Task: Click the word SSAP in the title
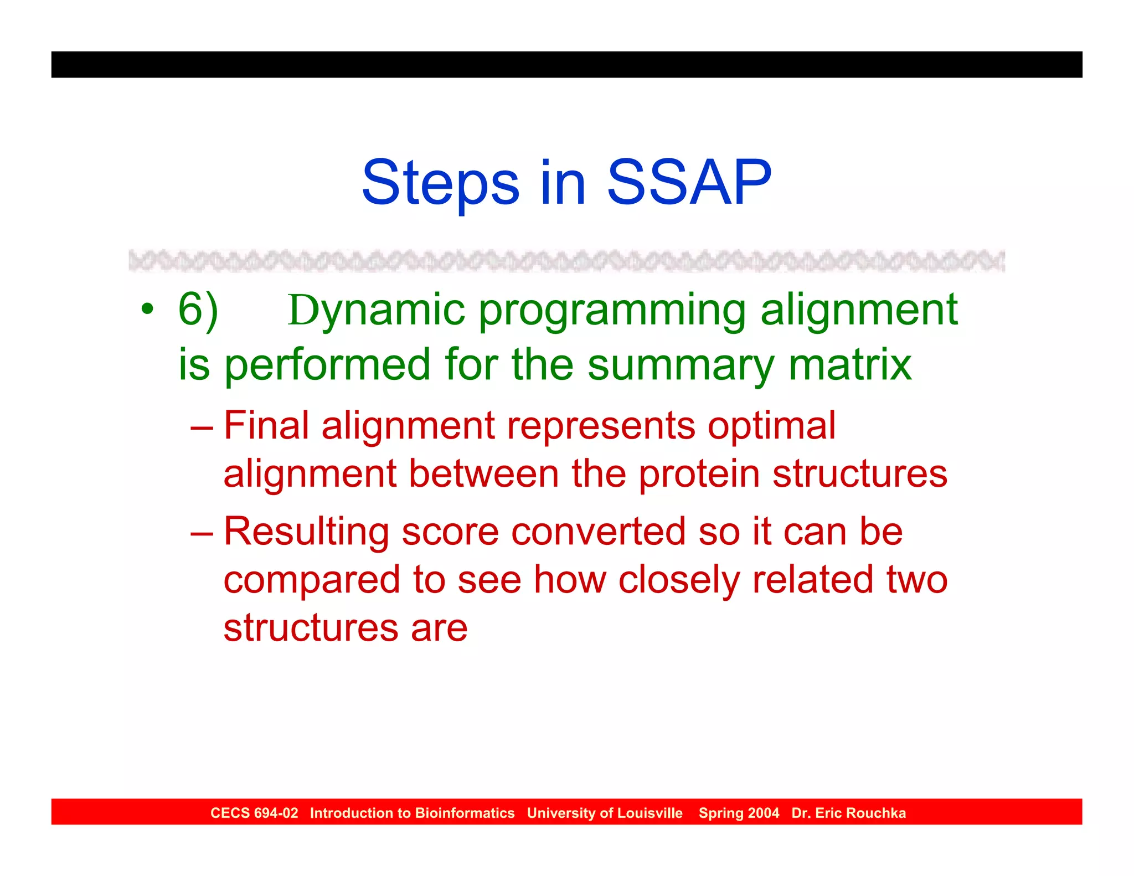pos(689,183)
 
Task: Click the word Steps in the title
pos(440,183)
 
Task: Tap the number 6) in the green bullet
pos(198,310)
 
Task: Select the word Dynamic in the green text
pos(377,310)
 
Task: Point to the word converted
pos(598,532)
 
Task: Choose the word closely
pos(679,581)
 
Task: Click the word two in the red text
pos(916,580)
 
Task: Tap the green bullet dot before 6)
pos(147,310)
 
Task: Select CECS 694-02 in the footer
pos(254,813)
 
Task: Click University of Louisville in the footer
pos(605,813)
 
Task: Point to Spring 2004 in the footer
pos(739,813)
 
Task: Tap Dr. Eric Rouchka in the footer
pos(848,813)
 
